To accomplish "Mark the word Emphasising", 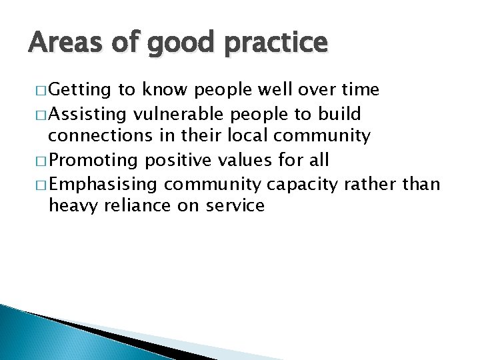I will tap(106, 184).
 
